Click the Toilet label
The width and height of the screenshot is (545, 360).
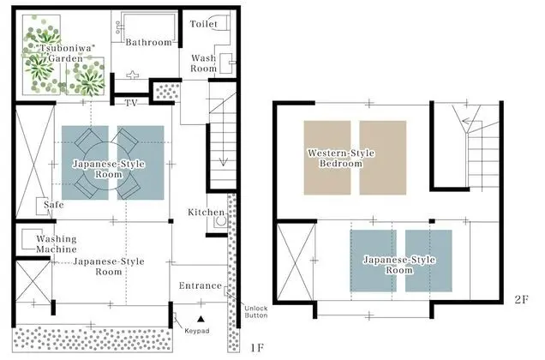[204, 24]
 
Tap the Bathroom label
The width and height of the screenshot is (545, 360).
[149, 43]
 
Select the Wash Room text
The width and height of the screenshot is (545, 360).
[204, 63]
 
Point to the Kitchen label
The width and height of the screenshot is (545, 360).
[207, 213]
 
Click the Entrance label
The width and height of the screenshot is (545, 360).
[201, 286]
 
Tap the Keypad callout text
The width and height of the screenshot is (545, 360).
[197, 331]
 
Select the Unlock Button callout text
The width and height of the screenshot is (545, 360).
[256, 312]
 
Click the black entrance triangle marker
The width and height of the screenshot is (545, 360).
[201, 318]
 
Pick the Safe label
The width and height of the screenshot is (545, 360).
[54, 205]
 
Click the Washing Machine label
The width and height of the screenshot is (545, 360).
[57, 244]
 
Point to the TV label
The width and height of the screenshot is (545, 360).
[131, 103]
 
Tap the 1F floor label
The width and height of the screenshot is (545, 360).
[257, 348]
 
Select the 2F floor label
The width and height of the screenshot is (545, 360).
[521, 299]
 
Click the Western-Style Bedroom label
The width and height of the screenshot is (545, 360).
[341, 159]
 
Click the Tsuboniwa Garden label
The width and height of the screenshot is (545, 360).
[65, 53]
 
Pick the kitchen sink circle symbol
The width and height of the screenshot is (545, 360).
[221, 221]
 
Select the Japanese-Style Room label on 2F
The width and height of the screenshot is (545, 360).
[399, 265]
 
